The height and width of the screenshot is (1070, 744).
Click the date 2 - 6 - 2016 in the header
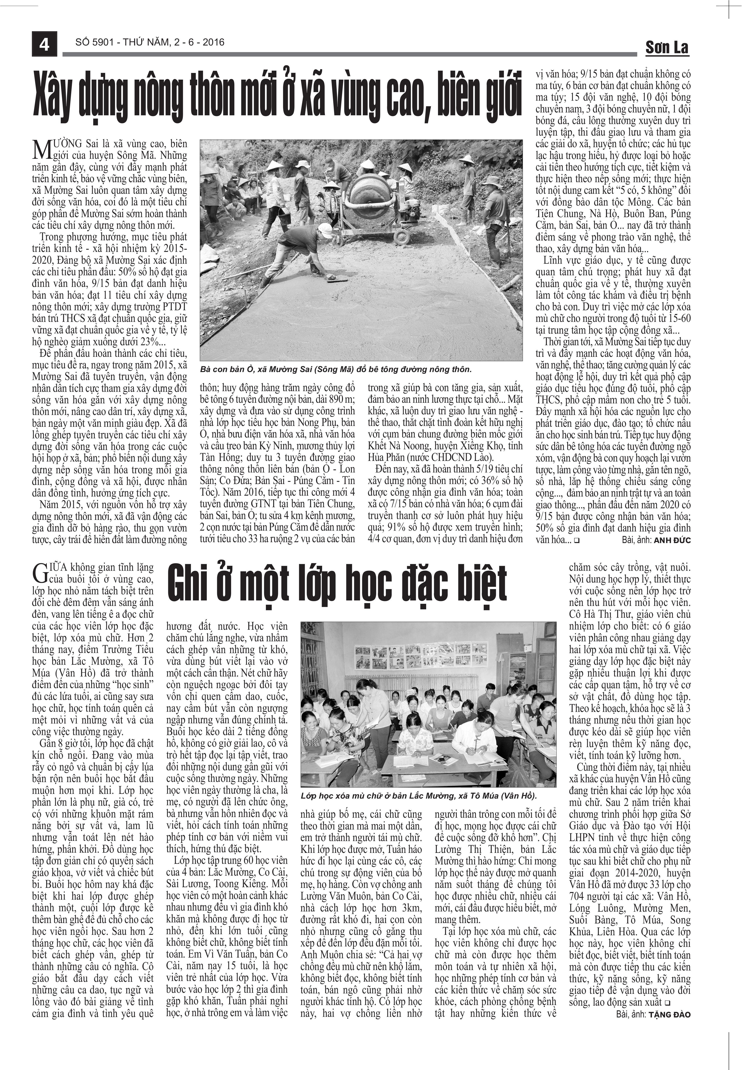(200, 42)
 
